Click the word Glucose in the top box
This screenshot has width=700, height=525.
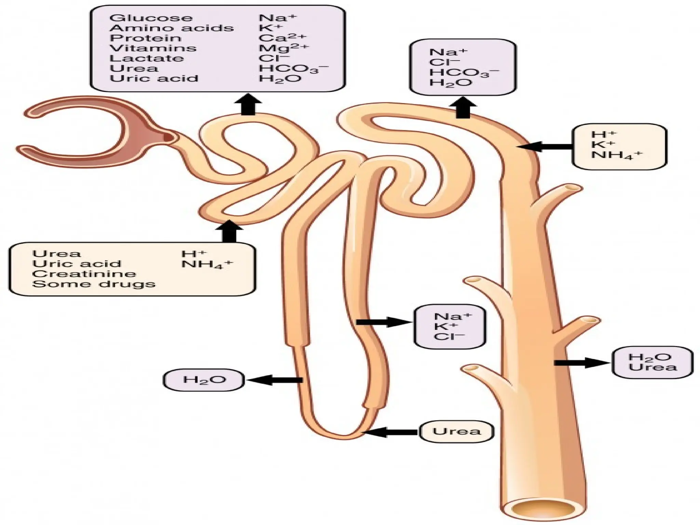pyautogui.click(x=151, y=18)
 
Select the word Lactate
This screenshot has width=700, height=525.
pyautogui.click(x=146, y=58)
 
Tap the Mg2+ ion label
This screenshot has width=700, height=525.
pyautogui.click(x=283, y=48)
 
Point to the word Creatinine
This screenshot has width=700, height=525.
pyautogui.click(x=84, y=274)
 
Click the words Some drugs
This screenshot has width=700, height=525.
pyautogui.click(x=94, y=284)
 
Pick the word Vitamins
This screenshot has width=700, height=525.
pyautogui.click(x=153, y=48)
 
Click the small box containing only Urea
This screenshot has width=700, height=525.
pyautogui.click(x=457, y=431)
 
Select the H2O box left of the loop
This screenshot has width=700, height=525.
pyautogui.click(x=204, y=380)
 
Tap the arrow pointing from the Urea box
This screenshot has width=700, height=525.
pyautogui.click(x=390, y=432)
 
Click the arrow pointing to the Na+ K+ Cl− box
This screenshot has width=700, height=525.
pyautogui.click(x=383, y=322)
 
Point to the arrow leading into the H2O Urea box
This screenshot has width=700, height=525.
pyautogui.click(x=581, y=363)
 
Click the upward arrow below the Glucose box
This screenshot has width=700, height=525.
pyautogui.click(x=248, y=105)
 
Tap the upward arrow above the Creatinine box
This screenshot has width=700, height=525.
pyautogui.click(x=229, y=231)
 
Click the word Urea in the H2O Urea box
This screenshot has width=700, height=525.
pyautogui.click(x=653, y=367)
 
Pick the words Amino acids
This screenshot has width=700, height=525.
pyautogui.click(x=172, y=28)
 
